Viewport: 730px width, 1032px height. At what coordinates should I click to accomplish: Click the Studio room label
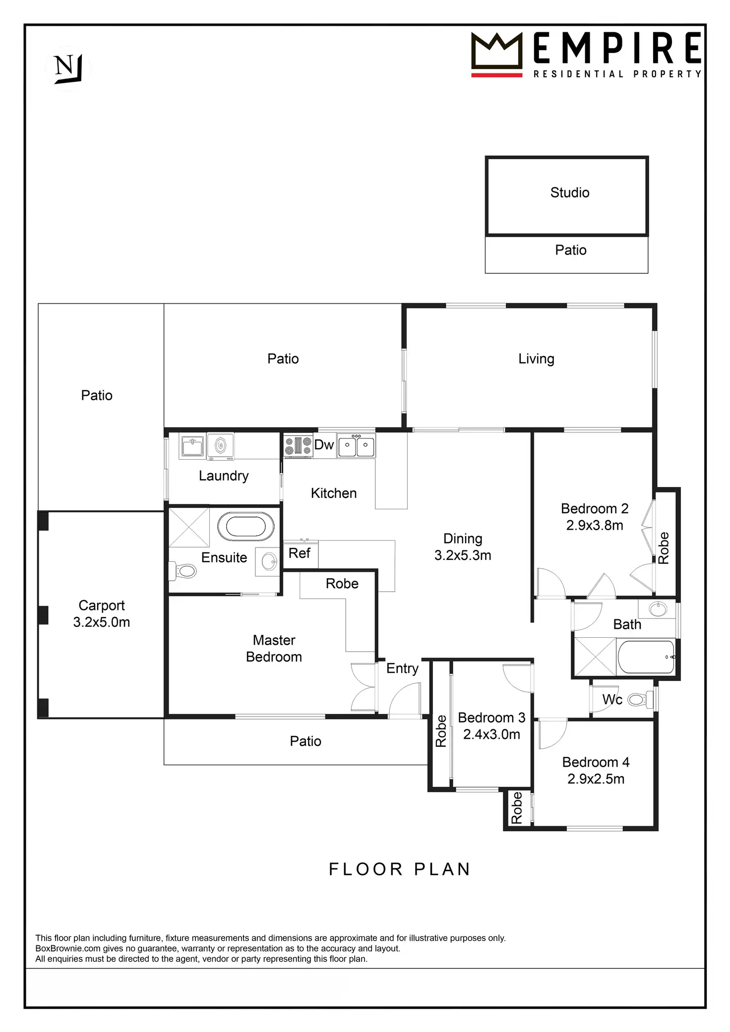pyautogui.click(x=570, y=192)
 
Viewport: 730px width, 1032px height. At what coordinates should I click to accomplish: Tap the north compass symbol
pyautogui.click(x=67, y=68)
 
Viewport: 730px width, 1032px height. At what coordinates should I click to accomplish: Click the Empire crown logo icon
pyautogui.click(x=496, y=51)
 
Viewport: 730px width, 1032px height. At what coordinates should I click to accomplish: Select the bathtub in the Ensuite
pyautogui.click(x=245, y=527)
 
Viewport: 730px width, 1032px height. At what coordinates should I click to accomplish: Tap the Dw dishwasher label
pyautogui.click(x=324, y=445)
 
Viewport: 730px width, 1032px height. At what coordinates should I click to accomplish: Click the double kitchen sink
pyautogui.click(x=356, y=445)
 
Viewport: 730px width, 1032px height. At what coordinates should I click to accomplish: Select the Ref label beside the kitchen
pyautogui.click(x=300, y=553)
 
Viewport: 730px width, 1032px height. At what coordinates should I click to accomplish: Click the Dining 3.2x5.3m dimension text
pyautogui.click(x=463, y=555)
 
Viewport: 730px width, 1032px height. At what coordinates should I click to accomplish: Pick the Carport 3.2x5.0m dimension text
pyautogui.click(x=102, y=622)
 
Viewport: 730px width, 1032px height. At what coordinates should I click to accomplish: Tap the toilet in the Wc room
pyautogui.click(x=639, y=700)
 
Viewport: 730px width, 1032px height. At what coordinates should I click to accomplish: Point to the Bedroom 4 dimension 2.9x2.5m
pyautogui.click(x=596, y=779)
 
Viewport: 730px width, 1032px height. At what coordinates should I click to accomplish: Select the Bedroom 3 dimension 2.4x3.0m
pyautogui.click(x=491, y=734)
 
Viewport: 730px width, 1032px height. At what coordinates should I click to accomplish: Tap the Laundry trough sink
pyautogui.click(x=192, y=445)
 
